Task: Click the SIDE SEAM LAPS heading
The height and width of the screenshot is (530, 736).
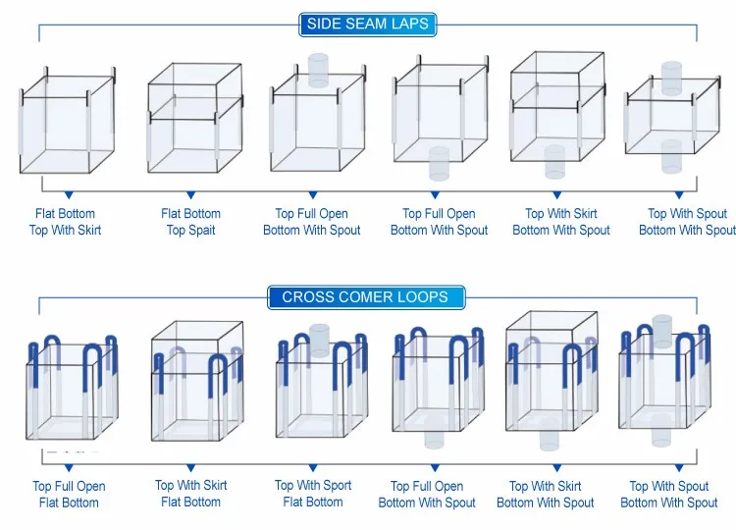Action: click(367, 24)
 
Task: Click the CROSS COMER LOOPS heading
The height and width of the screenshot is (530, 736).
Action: click(365, 297)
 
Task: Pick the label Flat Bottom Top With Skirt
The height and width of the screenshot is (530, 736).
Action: click(65, 222)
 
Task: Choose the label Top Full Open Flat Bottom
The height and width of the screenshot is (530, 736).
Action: click(69, 495)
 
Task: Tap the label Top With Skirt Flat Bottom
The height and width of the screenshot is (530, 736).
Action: click(190, 494)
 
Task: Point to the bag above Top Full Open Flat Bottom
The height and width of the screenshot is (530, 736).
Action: click(70, 389)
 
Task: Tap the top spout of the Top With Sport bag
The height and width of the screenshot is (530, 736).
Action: click(320, 336)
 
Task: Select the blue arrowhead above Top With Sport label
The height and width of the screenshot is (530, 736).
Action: click(314, 469)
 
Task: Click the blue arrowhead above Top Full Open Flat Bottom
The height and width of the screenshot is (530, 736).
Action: click(70, 469)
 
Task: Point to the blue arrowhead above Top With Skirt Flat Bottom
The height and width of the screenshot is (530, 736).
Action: click(190, 469)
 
